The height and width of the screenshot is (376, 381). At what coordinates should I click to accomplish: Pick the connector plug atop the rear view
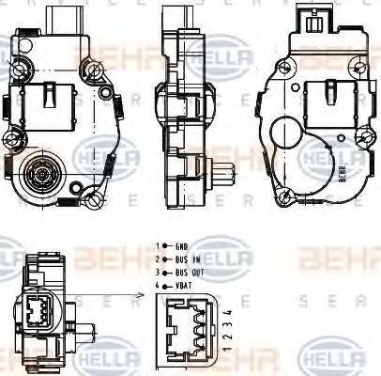(x=313, y=17)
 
